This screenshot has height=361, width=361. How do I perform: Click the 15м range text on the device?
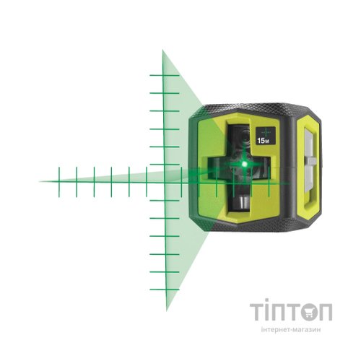click(x=263, y=141)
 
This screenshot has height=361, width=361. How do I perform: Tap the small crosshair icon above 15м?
click(x=266, y=132)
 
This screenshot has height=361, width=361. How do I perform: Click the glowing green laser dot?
click(x=245, y=164)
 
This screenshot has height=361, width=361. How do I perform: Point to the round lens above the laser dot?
click(x=245, y=136)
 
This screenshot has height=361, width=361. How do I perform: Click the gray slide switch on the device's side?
click(x=310, y=161)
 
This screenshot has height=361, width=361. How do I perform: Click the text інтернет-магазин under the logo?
click(x=291, y=329)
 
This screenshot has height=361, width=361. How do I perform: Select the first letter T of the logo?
click(x=258, y=312)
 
